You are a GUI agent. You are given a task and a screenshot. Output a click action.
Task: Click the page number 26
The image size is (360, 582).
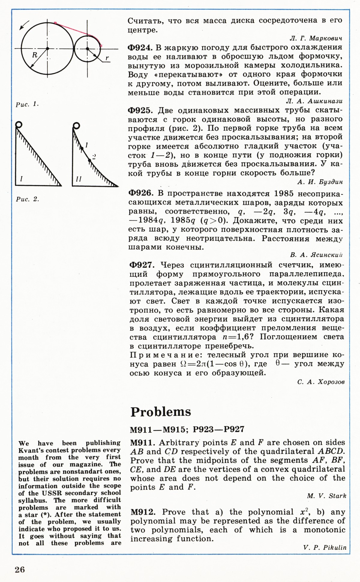pos(20,570)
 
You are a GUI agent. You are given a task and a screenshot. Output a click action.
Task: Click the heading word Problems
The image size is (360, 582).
pos(161,412)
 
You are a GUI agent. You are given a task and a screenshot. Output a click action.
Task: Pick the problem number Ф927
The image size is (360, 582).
pos(142,265)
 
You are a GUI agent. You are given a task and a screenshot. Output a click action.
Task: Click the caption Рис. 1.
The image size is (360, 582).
pos(27,104)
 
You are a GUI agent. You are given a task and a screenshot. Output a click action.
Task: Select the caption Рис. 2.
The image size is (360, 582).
pos(27,199)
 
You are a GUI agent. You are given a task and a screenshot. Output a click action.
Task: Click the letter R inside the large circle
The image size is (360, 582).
pos(35,55)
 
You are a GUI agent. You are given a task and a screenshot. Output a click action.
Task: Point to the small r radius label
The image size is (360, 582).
pos(107,58)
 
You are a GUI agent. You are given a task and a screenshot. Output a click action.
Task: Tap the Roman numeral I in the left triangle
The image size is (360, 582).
pos(21,179)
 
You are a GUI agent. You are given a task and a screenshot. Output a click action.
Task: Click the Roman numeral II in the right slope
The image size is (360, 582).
pos(79,179)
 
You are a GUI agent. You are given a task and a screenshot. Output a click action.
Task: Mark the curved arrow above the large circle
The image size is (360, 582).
pos(24,25)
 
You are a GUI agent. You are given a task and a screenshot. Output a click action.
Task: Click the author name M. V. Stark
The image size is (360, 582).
pos(326,496)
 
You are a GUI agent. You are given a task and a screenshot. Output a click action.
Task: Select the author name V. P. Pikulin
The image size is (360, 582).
pos(325,548)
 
